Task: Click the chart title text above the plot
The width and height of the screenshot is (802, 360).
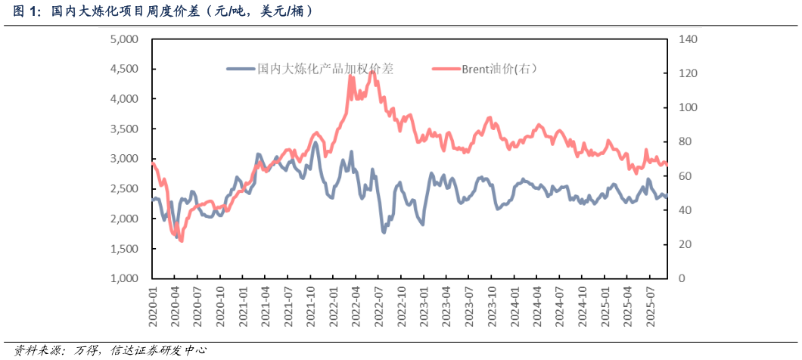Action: pyautogui.click(x=163, y=12)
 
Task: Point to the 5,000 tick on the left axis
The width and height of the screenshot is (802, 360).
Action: pyautogui.click(x=125, y=39)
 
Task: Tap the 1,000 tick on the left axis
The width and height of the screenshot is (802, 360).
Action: pyautogui.click(x=125, y=279)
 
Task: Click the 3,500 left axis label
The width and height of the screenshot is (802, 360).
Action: pyautogui.click(x=125, y=129)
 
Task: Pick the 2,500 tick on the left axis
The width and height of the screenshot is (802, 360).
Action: pyautogui.click(x=125, y=189)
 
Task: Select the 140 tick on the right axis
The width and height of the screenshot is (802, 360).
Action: pyautogui.click(x=686, y=39)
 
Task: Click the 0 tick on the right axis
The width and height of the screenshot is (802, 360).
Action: pyautogui.click(x=680, y=279)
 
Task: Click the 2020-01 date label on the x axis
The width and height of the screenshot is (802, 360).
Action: pyautogui.click(x=153, y=306)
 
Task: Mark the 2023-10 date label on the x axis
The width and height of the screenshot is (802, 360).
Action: pyautogui.click(x=492, y=306)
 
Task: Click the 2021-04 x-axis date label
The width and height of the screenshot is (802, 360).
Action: pyautogui.click(x=266, y=306)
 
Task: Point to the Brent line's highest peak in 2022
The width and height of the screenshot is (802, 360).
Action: pyautogui.click(x=371, y=72)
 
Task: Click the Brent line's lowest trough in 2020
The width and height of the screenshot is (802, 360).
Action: pyautogui.click(x=181, y=241)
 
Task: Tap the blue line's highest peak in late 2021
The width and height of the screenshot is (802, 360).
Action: pyautogui.click(x=315, y=142)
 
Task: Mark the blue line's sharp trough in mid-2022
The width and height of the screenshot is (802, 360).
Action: pyautogui.click(x=384, y=231)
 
